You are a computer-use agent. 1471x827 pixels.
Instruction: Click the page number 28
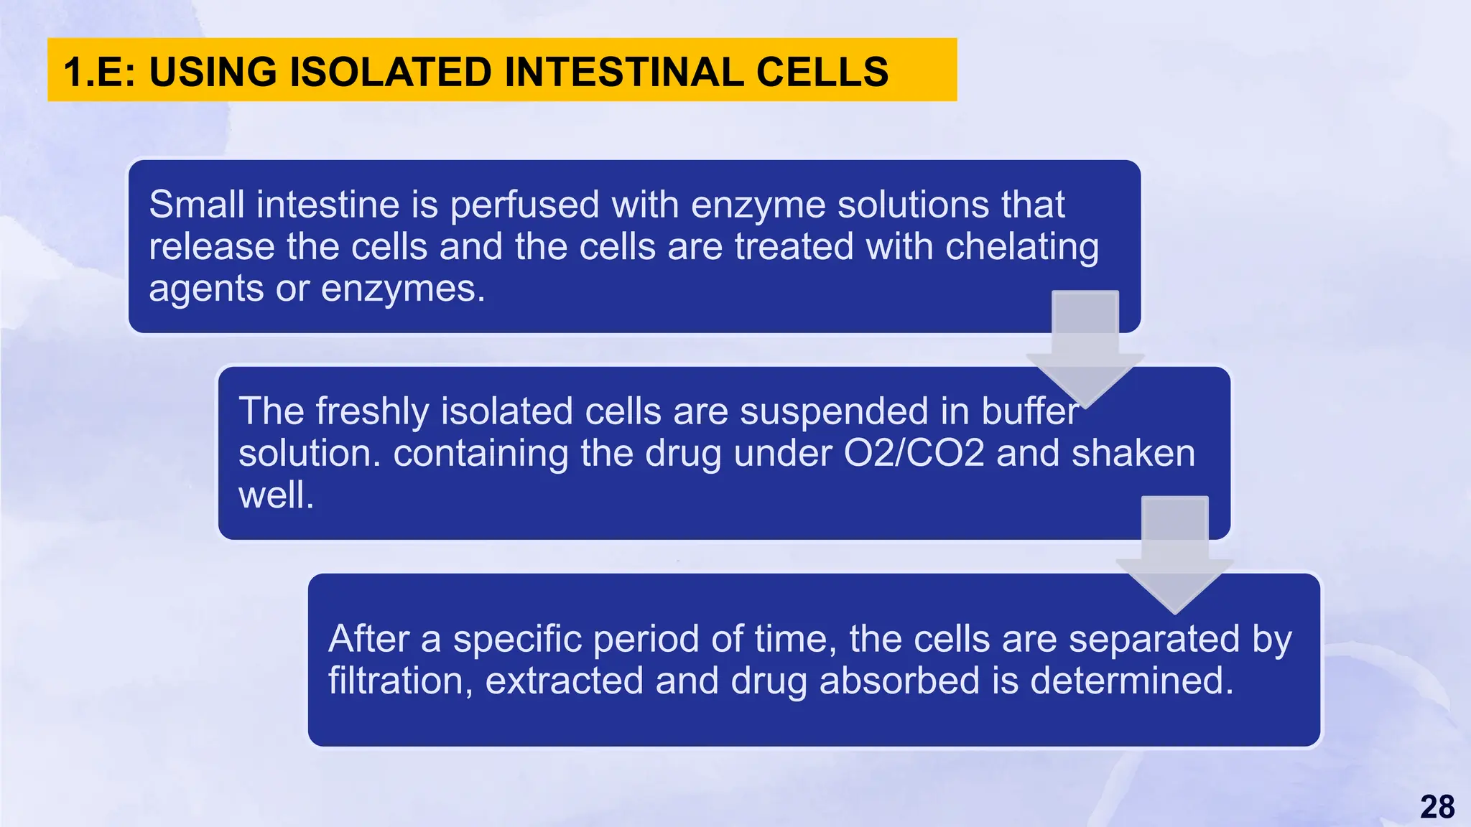click(x=1437, y=807)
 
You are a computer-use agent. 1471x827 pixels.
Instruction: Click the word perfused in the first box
click(x=524, y=205)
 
